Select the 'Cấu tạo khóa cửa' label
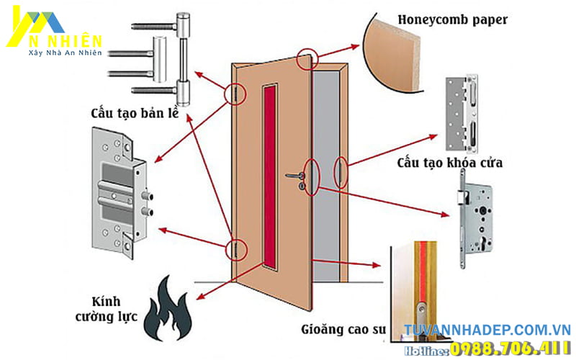tap(449, 163)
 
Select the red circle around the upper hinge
tap(235, 94)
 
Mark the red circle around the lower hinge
tap(235, 249)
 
